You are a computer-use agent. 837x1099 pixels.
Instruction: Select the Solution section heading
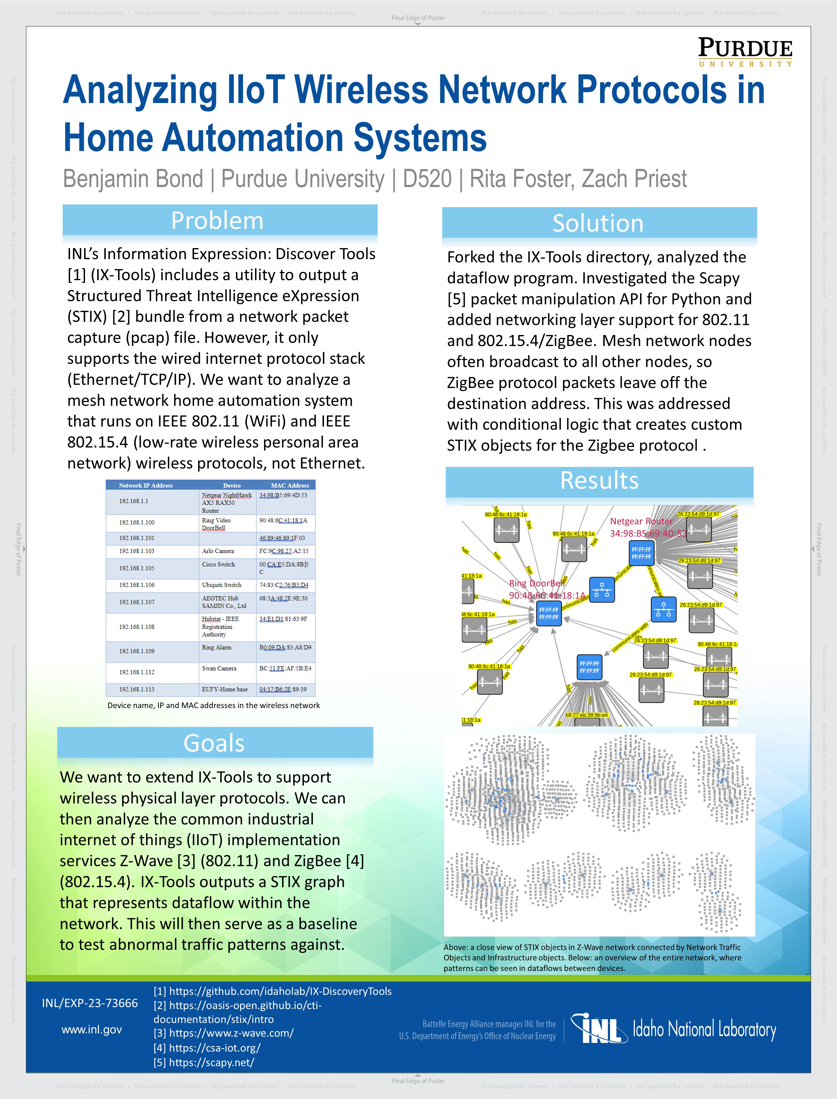click(598, 223)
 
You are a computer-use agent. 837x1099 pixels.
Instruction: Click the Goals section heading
click(214, 743)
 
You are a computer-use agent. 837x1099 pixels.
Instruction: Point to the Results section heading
click(599, 481)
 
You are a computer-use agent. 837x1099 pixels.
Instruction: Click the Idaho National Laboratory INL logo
click(673, 1029)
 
